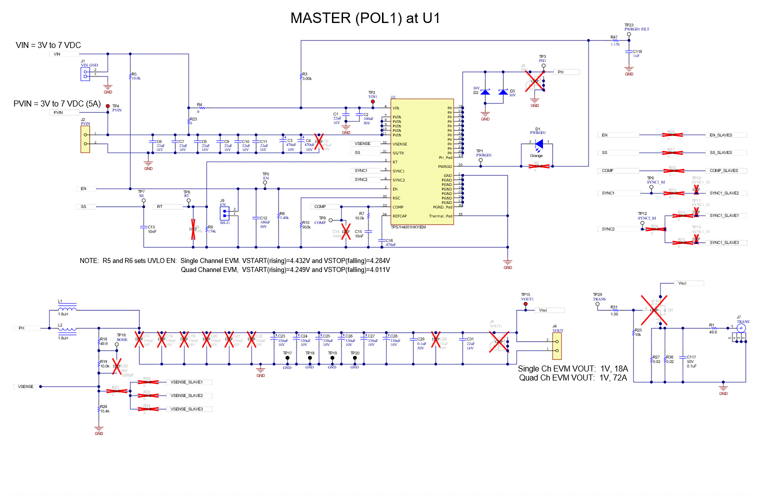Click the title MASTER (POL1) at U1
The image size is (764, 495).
point(365,18)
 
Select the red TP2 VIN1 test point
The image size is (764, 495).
point(372,101)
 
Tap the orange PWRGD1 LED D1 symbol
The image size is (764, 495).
point(538,144)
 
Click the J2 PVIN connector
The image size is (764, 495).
point(85,139)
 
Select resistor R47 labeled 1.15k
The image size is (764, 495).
point(615,40)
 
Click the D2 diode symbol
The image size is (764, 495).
point(485,92)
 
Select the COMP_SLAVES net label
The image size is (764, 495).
point(723,170)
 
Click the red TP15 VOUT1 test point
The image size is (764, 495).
point(525,304)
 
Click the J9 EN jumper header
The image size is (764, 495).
point(225,213)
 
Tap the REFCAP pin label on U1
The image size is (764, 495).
point(399,216)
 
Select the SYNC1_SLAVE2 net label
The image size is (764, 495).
point(724,193)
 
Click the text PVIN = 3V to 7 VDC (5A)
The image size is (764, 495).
point(57,104)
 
